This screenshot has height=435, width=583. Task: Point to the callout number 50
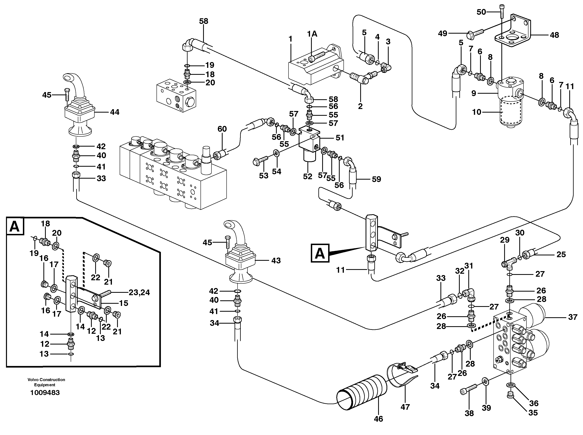click(x=481, y=12)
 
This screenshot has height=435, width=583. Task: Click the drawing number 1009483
click(x=45, y=393)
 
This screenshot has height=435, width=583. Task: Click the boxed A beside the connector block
click(x=320, y=253)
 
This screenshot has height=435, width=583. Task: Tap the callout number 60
click(x=222, y=129)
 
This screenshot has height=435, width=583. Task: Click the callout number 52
click(x=307, y=176)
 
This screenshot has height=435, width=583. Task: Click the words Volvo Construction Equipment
click(x=46, y=382)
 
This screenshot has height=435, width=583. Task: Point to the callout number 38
click(x=469, y=413)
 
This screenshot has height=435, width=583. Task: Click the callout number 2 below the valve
click(x=360, y=106)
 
